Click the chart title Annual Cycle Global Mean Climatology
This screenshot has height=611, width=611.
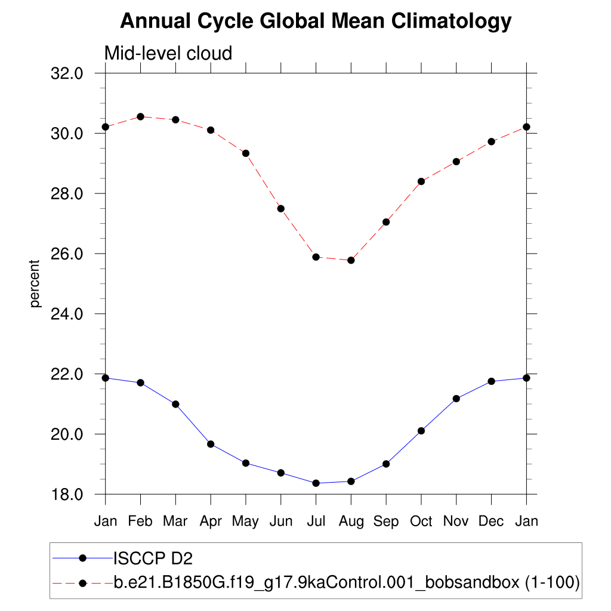(x=316, y=21)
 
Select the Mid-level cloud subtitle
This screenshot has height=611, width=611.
(x=168, y=54)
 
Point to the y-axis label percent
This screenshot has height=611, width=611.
(x=35, y=283)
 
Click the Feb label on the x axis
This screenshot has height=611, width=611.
(x=140, y=521)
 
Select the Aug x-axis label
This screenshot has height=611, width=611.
(x=351, y=521)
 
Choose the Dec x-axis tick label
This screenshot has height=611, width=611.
(x=491, y=521)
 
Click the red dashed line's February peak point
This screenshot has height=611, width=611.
(x=140, y=116)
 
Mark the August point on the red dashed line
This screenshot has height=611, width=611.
(x=351, y=260)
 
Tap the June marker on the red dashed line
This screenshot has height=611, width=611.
(x=280, y=208)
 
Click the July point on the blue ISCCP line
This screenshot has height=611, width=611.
(x=316, y=483)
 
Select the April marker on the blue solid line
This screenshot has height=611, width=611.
(x=211, y=444)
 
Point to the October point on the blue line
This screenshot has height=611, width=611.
(x=421, y=431)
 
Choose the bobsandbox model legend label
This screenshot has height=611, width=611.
(x=346, y=582)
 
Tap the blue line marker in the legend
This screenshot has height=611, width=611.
(x=83, y=558)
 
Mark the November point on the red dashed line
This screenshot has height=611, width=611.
(x=456, y=162)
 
